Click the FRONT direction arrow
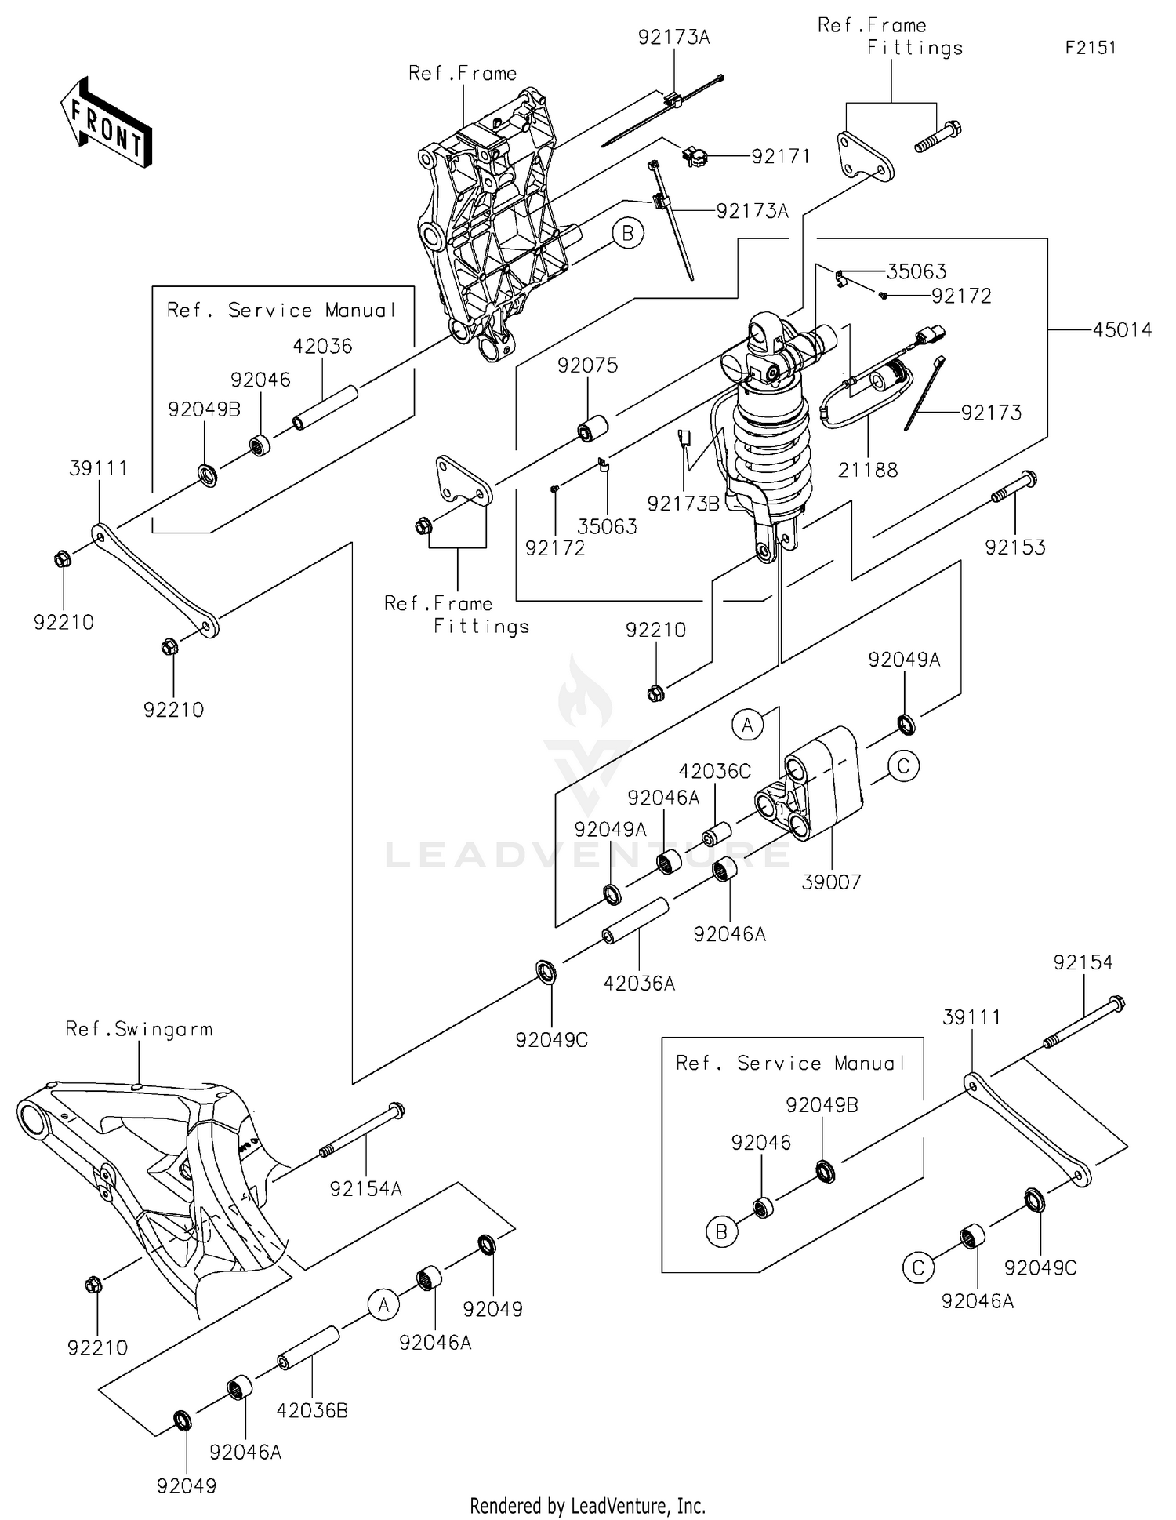(x=106, y=123)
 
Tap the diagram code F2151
(x=1090, y=48)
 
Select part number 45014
(x=1122, y=330)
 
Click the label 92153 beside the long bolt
(x=1014, y=547)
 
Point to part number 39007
(x=831, y=882)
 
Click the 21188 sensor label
(x=867, y=471)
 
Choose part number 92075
(x=587, y=365)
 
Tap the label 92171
(x=780, y=157)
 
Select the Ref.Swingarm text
(x=139, y=1029)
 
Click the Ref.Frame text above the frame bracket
(x=463, y=74)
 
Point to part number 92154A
(x=365, y=1189)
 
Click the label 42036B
(x=312, y=1411)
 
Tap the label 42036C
(x=714, y=772)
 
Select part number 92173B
(x=683, y=504)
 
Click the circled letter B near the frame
(x=628, y=233)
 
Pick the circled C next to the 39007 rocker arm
(x=903, y=765)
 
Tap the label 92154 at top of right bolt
(x=1083, y=962)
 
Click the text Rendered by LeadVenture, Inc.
(x=587, y=1505)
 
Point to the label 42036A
(x=639, y=984)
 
